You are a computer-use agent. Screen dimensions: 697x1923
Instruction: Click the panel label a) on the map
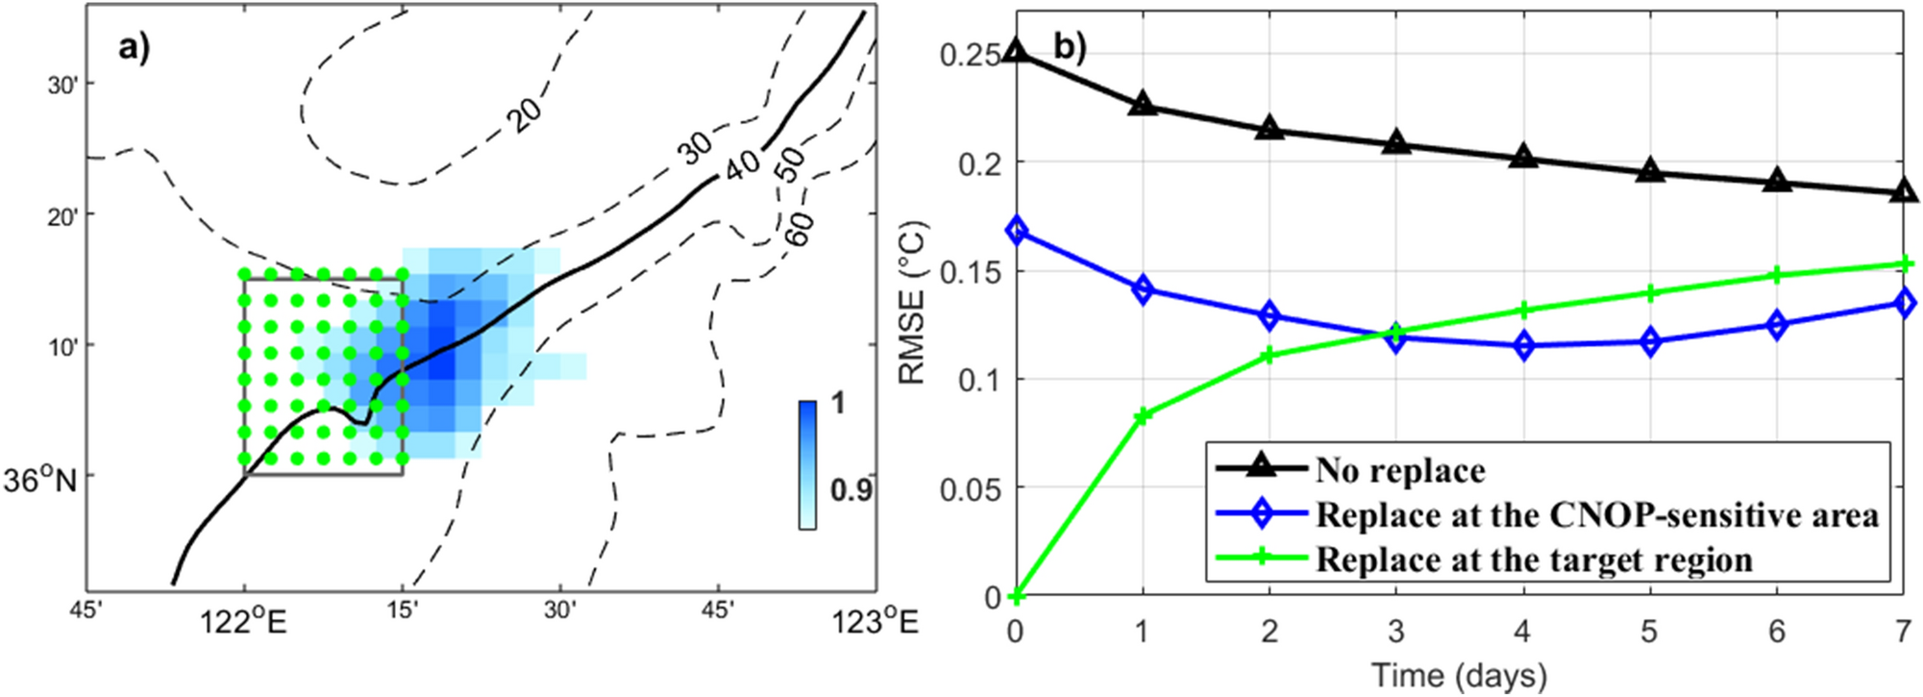click(134, 47)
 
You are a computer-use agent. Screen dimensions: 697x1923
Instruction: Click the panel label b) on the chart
click(1070, 46)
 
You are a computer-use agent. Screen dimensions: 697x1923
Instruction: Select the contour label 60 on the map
click(800, 228)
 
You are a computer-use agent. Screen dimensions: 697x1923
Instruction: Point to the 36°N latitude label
click(39, 480)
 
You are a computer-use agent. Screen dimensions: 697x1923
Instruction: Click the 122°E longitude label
click(243, 623)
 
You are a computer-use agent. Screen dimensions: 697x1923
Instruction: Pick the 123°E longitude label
click(875, 623)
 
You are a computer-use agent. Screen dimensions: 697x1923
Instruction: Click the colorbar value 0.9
click(851, 490)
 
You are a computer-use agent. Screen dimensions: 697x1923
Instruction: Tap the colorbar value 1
click(838, 403)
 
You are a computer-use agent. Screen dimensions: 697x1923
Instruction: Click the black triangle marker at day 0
click(1016, 52)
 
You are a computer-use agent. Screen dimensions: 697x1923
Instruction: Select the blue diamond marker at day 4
click(1523, 345)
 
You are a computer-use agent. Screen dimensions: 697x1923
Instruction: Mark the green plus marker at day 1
click(1143, 415)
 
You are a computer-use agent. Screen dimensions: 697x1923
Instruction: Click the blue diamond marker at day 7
click(1904, 303)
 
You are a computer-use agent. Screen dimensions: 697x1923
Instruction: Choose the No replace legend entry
click(1399, 470)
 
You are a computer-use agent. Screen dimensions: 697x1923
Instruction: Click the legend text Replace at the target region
click(1534, 560)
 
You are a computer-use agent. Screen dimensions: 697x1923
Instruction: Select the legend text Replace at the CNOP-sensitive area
click(1596, 515)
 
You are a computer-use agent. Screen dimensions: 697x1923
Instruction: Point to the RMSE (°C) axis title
click(912, 304)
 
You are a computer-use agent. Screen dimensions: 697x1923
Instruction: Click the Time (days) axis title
click(1459, 676)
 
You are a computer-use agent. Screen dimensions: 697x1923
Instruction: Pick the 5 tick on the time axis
click(1649, 632)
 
